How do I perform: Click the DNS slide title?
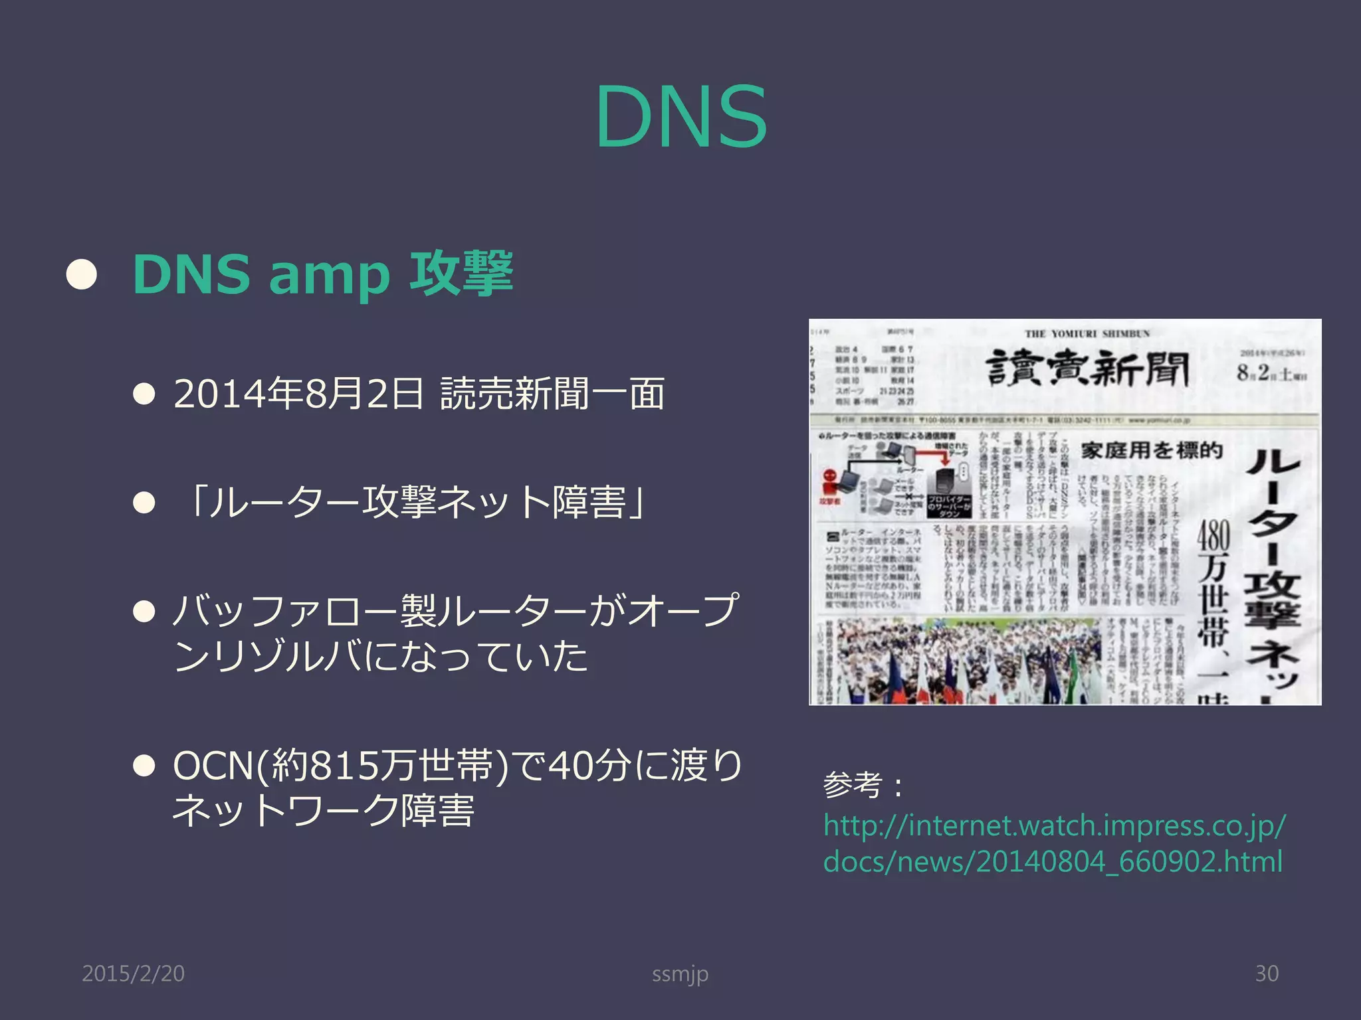click(680, 118)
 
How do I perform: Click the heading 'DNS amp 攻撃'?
click(323, 273)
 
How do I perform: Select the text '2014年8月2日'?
click(298, 393)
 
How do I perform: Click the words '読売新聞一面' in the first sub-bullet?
click(552, 393)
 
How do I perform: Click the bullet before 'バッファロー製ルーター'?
click(144, 611)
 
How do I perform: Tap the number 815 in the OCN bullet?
click(345, 766)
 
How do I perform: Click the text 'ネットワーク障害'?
click(324, 811)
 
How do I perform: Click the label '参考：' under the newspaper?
click(864, 786)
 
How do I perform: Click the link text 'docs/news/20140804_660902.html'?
click(1053, 862)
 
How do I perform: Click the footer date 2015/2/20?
click(133, 974)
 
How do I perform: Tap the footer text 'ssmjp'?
click(680, 974)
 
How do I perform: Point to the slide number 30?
click(1267, 974)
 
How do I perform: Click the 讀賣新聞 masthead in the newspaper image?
click(1087, 369)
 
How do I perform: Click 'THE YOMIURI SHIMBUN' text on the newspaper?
click(1087, 333)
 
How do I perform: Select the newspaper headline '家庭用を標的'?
click(1152, 451)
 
